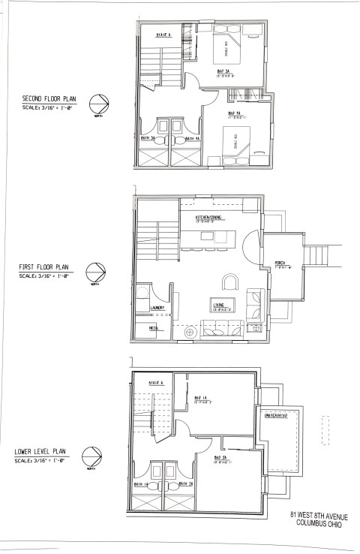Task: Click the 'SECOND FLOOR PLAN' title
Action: [x=51, y=98]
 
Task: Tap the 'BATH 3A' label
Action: [x=148, y=138]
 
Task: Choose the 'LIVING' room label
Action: [x=220, y=305]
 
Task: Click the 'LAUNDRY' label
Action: [x=157, y=308]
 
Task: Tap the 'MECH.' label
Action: [x=154, y=328]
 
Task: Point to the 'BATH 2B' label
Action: [x=185, y=484]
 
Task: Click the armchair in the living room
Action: [x=232, y=282]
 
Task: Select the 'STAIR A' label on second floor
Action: [x=164, y=35]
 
